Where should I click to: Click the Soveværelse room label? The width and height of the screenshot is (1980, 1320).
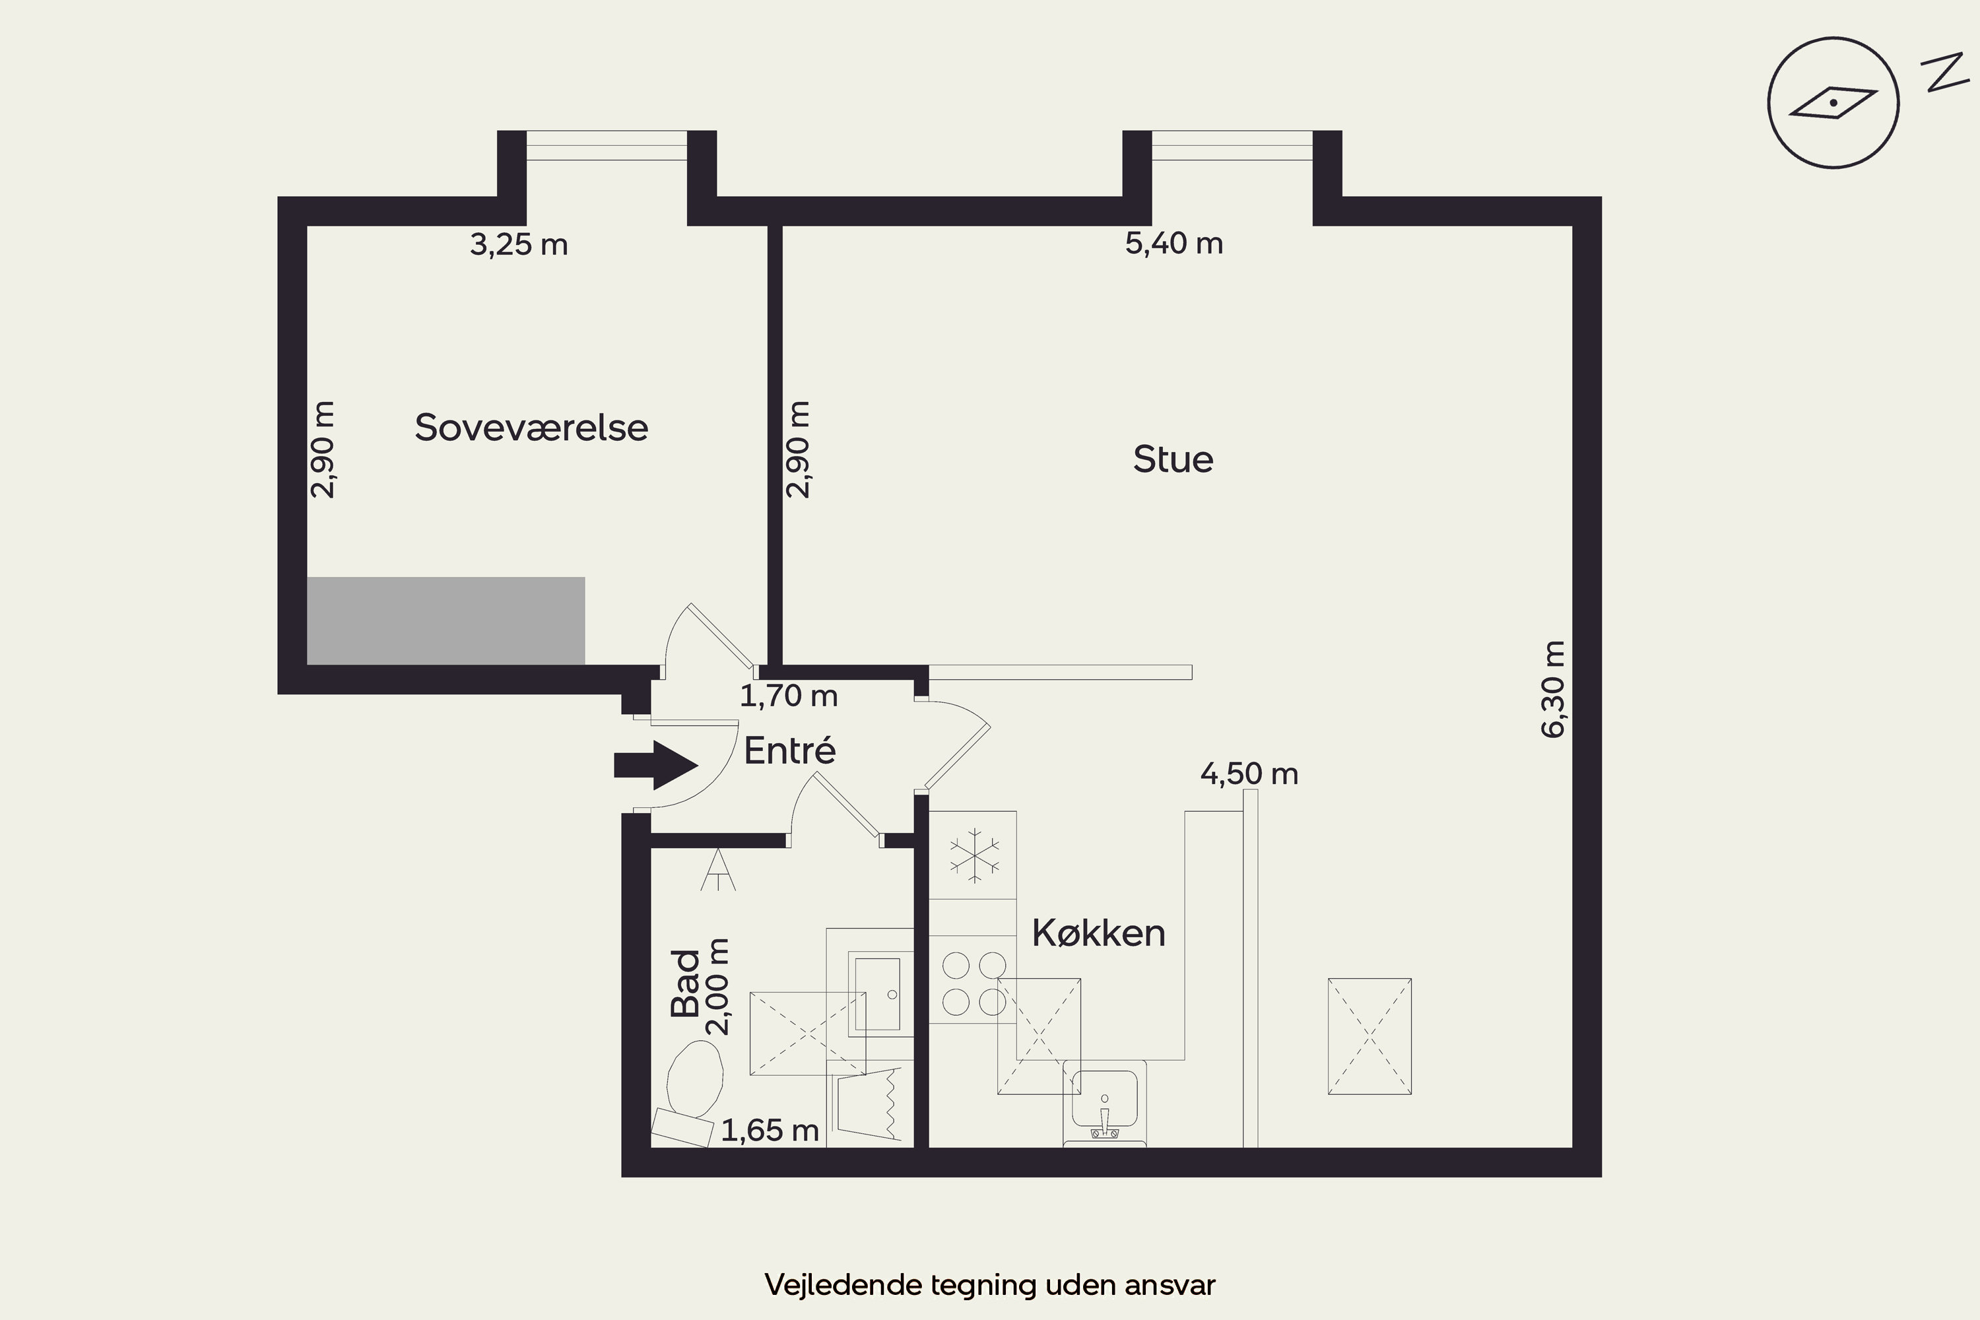click(x=531, y=428)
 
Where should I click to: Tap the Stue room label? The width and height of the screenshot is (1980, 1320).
click(x=1173, y=459)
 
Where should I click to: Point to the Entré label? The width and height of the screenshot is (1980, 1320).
click(x=789, y=749)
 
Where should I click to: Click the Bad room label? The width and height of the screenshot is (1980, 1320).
click(x=685, y=983)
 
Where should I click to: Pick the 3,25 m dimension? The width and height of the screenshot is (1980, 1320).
click(x=519, y=245)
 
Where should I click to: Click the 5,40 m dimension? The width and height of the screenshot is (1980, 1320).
click(x=1173, y=244)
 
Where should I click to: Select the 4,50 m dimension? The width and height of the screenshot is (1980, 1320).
click(x=1249, y=774)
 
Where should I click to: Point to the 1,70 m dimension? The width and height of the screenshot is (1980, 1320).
click(x=789, y=696)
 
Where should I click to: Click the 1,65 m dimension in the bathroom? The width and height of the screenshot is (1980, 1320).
click(x=770, y=1131)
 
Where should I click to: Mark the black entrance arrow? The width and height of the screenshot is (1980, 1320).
click(x=656, y=765)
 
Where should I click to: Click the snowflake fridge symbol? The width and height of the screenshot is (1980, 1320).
click(x=974, y=855)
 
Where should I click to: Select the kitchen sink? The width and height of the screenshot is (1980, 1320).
click(x=1104, y=1103)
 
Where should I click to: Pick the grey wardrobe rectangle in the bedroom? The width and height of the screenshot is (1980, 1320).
click(x=446, y=620)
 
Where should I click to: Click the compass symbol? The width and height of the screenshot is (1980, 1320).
click(x=1833, y=103)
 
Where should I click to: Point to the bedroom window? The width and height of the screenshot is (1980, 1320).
click(x=607, y=146)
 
